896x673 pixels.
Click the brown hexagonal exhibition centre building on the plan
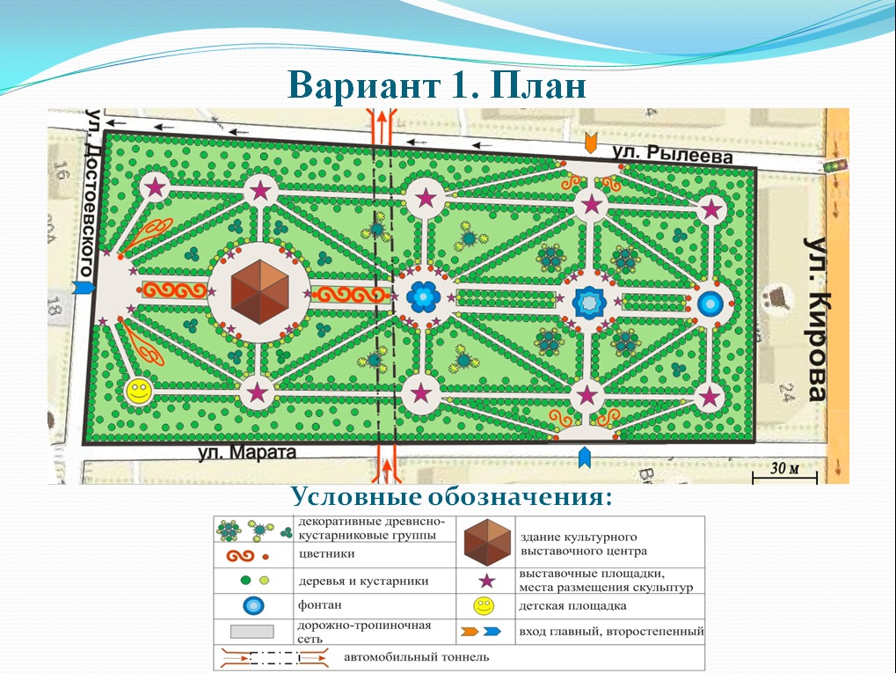click(259, 291)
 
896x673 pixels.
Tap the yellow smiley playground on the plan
click(138, 391)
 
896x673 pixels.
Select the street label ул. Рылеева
click(672, 154)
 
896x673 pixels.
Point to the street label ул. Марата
click(247, 453)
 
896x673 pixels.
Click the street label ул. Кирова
click(816, 319)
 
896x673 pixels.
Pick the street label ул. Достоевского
click(90, 194)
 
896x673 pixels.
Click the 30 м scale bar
click(785, 472)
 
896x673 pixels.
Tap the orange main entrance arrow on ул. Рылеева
click(591, 143)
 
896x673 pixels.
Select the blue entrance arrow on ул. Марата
click(584, 457)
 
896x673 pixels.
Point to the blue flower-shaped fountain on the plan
click(424, 297)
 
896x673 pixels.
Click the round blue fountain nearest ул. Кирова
click(710, 304)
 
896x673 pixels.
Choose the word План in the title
click(538, 85)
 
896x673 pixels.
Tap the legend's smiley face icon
click(484, 606)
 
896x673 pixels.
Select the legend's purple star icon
click(486, 581)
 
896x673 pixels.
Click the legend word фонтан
click(319, 605)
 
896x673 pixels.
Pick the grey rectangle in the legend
click(252, 632)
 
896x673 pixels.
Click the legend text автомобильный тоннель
click(416, 657)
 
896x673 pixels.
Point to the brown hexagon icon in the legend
click(487, 542)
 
